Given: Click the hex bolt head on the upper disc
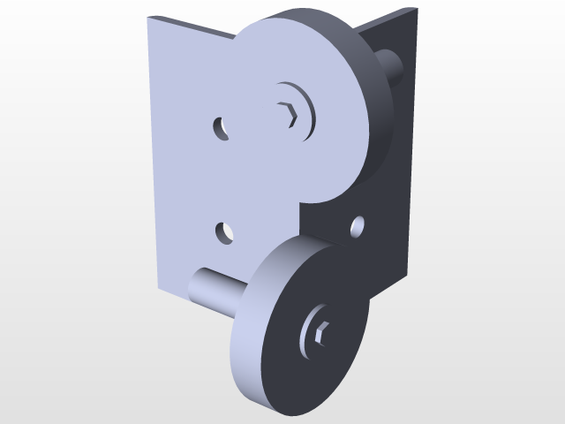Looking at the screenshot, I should tap(288, 114).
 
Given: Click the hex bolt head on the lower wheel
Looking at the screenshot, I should tap(320, 332).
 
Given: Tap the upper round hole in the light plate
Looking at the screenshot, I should tap(221, 128).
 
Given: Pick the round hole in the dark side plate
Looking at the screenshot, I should tap(358, 227).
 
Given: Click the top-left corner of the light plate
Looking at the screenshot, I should tap(149, 17).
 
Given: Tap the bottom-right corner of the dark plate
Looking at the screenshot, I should tap(409, 264).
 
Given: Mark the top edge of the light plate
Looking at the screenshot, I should tap(190, 25).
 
